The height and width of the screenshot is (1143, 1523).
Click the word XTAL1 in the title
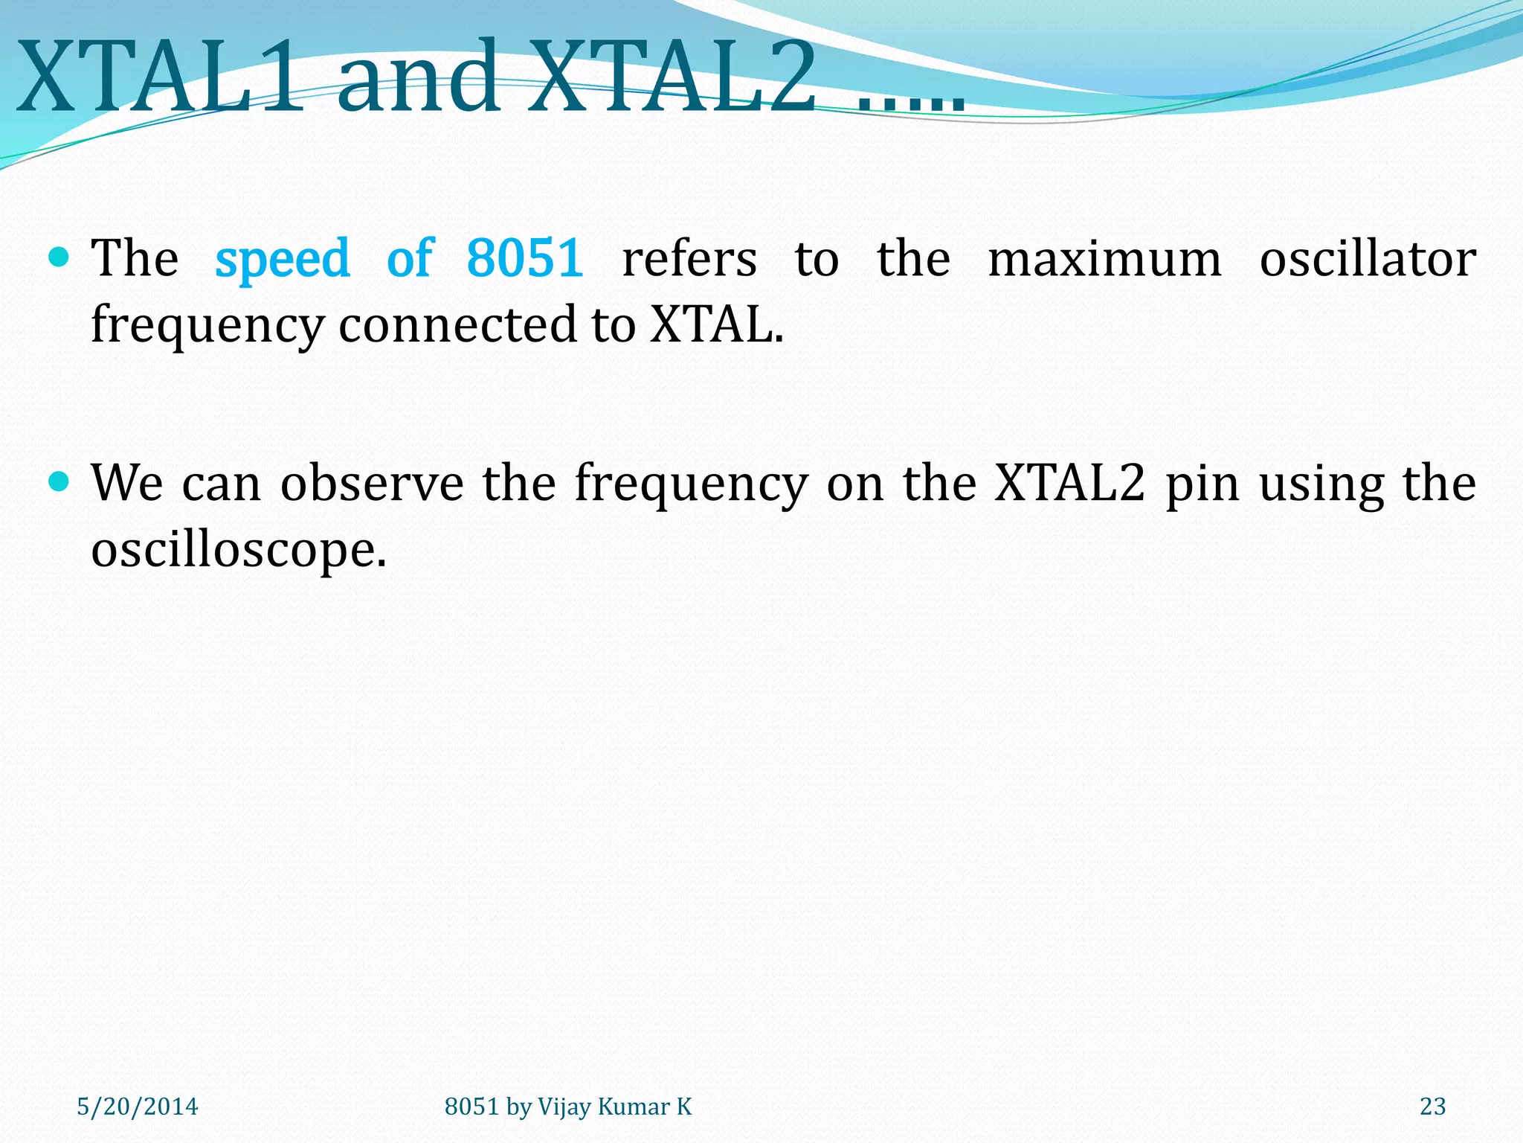pyautogui.click(x=160, y=77)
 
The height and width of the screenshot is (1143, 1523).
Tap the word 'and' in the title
pyautogui.click(x=418, y=77)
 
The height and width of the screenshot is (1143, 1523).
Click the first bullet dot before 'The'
pyautogui.click(x=59, y=257)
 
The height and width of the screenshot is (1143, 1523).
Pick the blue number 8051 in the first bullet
pyautogui.click(x=525, y=259)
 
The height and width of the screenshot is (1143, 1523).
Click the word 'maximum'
pyautogui.click(x=1104, y=259)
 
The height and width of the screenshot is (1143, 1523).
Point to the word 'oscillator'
pyautogui.click(x=1368, y=259)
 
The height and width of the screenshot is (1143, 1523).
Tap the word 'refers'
pyautogui.click(x=689, y=259)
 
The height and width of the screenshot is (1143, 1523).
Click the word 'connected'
pyautogui.click(x=457, y=325)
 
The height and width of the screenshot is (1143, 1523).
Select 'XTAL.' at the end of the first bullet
pyautogui.click(x=716, y=325)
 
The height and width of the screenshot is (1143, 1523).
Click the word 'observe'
pyautogui.click(x=372, y=484)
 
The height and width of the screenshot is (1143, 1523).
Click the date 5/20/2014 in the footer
pyautogui.click(x=138, y=1107)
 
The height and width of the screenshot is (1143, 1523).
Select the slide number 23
pyautogui.click(x=1432, y=1107)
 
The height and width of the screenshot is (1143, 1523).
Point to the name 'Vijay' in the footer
pyautogui.click(x=564, y=1107)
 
